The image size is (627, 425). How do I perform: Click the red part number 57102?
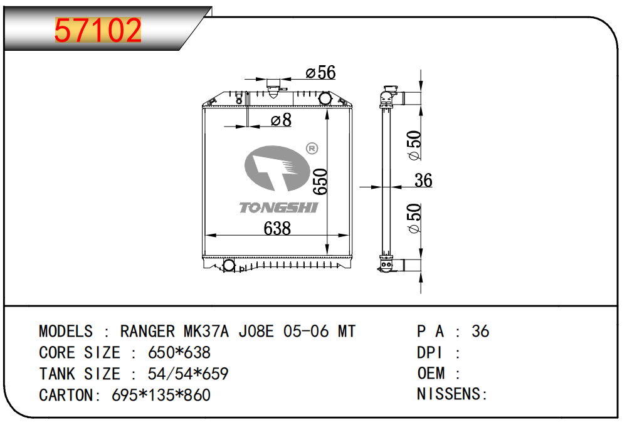[98, 31]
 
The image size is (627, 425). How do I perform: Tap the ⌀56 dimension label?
[320, 73]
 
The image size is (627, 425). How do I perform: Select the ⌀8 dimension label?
[281, 120]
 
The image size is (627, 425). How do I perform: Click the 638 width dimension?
[277, 228]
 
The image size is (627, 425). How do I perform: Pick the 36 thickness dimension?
[424, 181]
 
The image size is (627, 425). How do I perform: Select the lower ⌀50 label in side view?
[414, 219]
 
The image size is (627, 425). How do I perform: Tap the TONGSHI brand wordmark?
[278, 207]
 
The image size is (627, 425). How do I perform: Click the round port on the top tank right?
[325, 98]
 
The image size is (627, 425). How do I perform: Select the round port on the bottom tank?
[229, 265]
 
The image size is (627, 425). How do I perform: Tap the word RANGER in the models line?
[148, 332]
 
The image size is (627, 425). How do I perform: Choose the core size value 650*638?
[179, 353]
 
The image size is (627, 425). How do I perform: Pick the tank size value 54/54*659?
[187, 374]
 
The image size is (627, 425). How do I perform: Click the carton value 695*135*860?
[161, 396]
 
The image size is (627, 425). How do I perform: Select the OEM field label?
[431, 374]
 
